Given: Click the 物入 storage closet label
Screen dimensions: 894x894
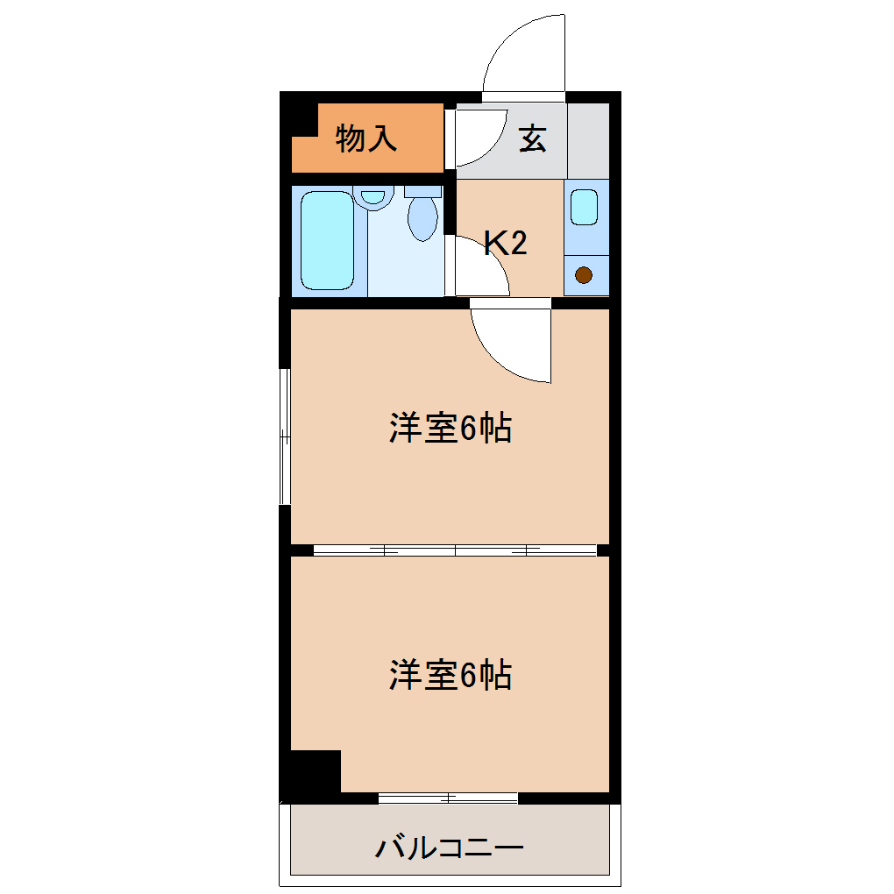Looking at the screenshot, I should coord(366,138).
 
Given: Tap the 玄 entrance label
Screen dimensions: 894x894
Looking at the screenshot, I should coord(532,138).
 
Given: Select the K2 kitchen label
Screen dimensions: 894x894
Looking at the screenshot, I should coord(506,244).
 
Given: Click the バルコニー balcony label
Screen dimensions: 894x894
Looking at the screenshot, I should coord(450,848).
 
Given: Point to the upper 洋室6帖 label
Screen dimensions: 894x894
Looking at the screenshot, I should coord(451,429).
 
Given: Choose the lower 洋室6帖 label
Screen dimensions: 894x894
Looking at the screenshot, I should coord(451,676).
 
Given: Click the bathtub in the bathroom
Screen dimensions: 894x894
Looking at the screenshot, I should coord(327,241).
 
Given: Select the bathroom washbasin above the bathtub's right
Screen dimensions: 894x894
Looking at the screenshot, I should coord(374,196).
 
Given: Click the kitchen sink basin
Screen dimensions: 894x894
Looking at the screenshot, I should coord(585,207).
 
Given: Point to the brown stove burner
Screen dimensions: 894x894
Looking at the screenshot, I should coord(584,276).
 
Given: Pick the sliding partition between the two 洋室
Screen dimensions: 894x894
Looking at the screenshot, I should coord(455,550).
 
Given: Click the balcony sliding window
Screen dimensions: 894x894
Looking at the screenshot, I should coord(448,798).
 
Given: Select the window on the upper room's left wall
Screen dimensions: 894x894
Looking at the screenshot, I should coord(284,436).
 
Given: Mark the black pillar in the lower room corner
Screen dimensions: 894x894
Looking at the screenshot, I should coord(315,772).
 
